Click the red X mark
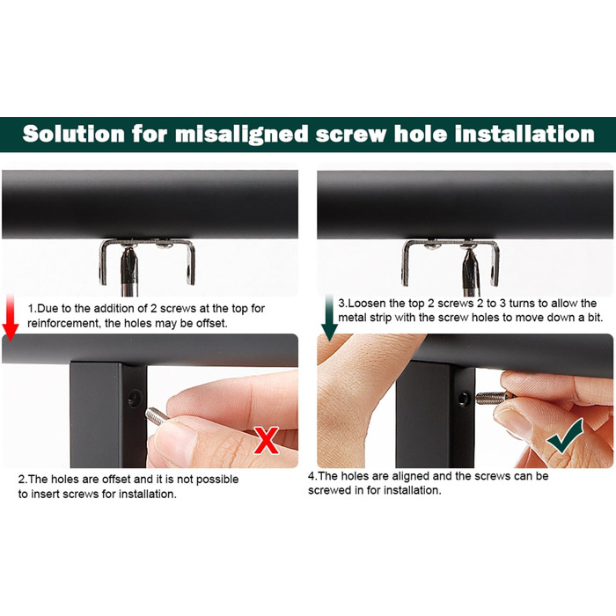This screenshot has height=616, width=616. (267, 440)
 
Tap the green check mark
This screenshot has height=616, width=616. (565, 438)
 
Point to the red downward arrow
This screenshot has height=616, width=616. (11, 318)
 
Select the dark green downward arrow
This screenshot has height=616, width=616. (330, 318)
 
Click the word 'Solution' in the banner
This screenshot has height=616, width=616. (73, 134)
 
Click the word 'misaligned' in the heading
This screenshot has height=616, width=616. (241, 135)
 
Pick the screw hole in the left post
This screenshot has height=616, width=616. (135, 398)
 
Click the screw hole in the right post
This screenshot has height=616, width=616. (464, 399)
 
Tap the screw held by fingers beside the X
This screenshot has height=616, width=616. (157, 416)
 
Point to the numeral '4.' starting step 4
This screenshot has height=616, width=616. (312, 476)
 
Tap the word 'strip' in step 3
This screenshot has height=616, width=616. (380, 318)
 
